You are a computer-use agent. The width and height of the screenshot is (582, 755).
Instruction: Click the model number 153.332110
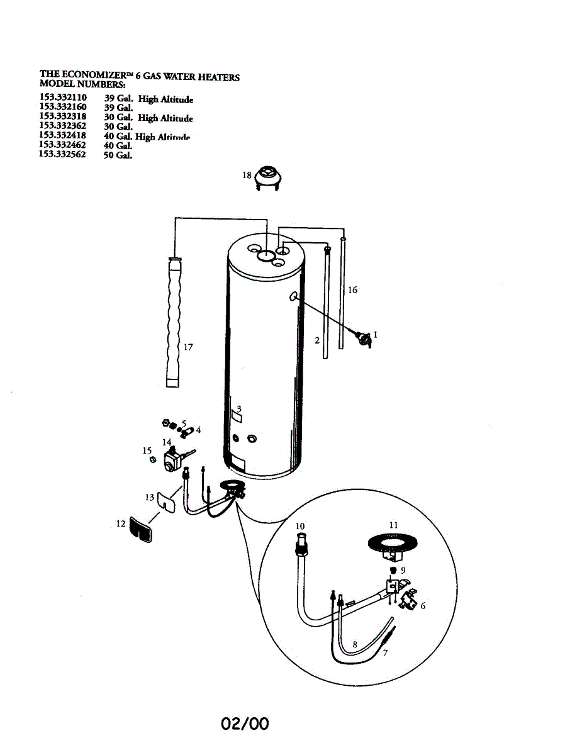63,98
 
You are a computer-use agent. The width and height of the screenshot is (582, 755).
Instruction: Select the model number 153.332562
63,154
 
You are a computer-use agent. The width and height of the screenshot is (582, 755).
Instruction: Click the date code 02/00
245,724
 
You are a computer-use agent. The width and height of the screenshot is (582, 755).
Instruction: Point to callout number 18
247,176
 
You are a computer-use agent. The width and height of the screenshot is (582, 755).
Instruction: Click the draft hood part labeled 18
269,176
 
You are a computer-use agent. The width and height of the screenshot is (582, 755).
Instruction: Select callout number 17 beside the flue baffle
188,347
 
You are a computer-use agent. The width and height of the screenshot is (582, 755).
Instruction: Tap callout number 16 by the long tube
352,290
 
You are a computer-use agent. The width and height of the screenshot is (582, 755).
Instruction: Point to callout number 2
317,340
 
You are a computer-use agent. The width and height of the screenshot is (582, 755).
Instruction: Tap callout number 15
147,450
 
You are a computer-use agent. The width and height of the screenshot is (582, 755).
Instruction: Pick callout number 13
149,498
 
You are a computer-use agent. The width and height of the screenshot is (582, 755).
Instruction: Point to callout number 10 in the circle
300,526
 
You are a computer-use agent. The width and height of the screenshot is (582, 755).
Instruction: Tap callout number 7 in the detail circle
385,652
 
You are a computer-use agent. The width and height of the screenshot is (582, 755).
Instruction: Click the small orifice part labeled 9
393,571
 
